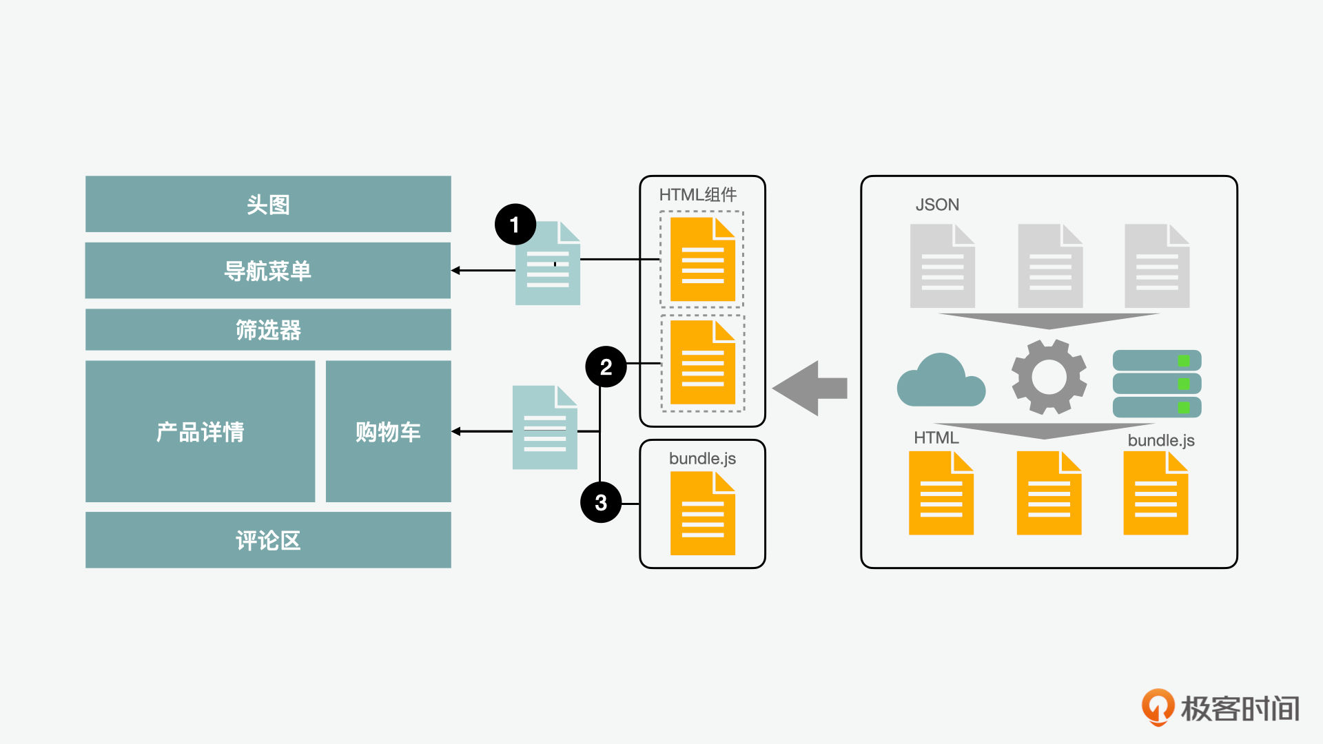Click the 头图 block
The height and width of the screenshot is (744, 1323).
pos(268,204)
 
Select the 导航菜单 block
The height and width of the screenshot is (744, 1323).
pos(268,270)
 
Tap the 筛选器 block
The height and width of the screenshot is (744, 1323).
pos(268,329)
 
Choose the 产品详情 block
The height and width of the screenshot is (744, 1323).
pos(200,431)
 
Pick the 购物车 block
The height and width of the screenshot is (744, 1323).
pos(388,431)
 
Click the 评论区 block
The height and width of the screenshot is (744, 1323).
pos(268,539)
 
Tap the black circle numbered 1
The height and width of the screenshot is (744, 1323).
pos(515,225)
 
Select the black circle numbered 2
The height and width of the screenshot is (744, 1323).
pos(606,366)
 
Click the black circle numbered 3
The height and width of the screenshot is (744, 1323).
pos(601,502)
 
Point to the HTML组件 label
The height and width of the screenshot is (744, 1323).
pos(697,195)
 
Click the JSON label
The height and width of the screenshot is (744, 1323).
pos(937,205)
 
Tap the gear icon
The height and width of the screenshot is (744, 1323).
pos(1049,376)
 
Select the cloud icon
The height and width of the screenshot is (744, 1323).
pos(941,380)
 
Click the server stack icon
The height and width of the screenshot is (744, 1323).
pos(1157,384)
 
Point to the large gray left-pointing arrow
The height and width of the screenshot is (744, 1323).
pos(810,388)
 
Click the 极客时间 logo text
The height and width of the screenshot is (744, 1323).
pos(1240,708)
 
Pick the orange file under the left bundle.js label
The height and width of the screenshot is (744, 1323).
pos(703,513)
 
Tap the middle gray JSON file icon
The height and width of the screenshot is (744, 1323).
pos(1050,266)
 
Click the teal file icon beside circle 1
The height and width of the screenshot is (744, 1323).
pos(548,263)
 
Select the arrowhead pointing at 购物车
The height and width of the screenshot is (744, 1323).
pos(455,431)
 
